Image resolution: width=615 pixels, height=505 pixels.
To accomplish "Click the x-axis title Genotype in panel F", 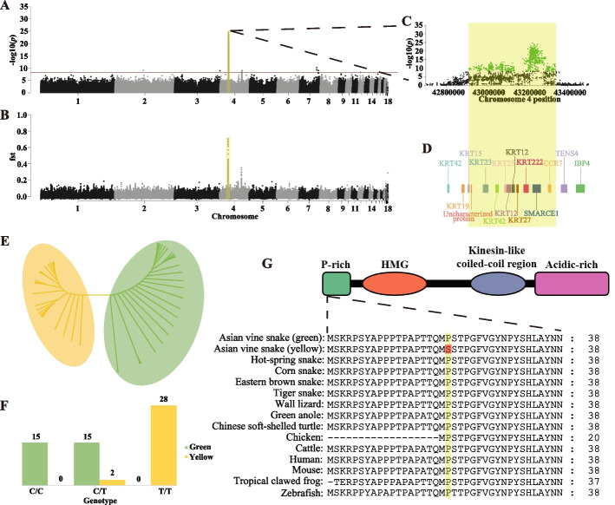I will (103, 502).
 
